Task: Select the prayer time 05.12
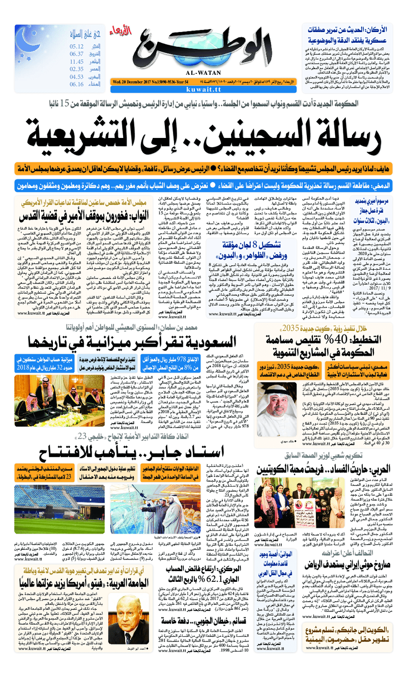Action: tap(77, 46)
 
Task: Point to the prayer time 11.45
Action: tap(77, 62)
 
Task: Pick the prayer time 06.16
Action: tap(77, 85)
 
